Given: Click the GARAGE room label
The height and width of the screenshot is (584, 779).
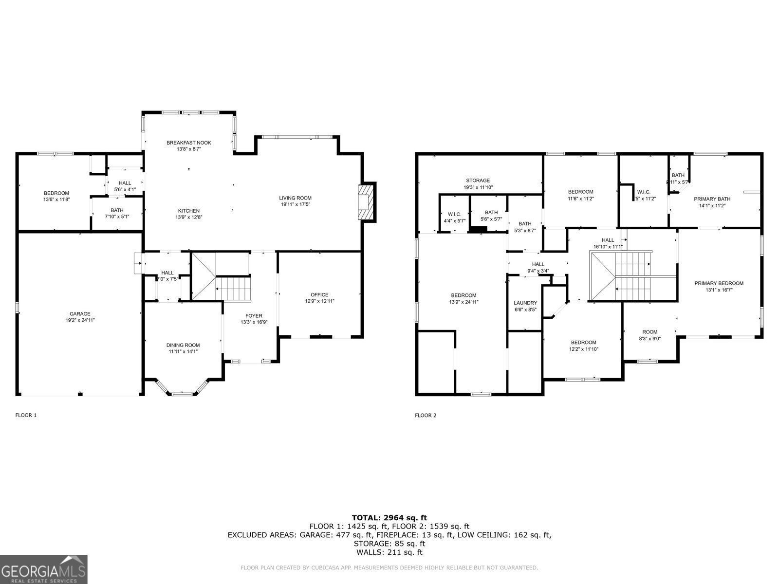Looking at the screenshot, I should click(80, 314).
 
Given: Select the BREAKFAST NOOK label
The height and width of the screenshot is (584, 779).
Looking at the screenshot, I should click(188, 143).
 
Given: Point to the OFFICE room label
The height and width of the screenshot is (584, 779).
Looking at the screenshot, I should click(319, 294).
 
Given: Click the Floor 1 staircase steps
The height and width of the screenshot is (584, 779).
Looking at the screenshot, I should click(233, 288).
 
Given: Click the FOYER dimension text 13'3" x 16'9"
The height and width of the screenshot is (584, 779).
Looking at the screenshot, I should click(254, 322).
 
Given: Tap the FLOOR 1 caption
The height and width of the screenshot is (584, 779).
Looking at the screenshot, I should click(26, 415).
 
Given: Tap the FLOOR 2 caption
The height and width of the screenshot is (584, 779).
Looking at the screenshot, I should click(426, 415).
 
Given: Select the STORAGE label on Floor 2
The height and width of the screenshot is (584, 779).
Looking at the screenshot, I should click(478, 181).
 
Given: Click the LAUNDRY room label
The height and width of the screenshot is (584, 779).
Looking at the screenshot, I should click(525, 303).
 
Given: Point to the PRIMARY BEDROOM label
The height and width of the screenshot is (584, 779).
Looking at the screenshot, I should click(719, 283).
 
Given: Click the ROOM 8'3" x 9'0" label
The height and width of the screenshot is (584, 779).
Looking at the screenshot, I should click(649, 332).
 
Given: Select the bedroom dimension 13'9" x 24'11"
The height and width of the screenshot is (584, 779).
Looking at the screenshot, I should click(464, 302).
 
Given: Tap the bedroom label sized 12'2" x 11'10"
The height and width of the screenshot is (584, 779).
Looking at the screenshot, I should click(583, 343).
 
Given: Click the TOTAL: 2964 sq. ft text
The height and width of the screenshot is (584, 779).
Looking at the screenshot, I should click(389, 517).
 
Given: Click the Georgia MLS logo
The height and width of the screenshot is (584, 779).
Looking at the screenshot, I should click(43, 569).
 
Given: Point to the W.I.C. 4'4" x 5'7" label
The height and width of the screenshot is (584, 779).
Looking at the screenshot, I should click(454, 214).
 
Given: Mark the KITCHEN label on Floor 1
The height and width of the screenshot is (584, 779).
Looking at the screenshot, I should click(188, 211).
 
